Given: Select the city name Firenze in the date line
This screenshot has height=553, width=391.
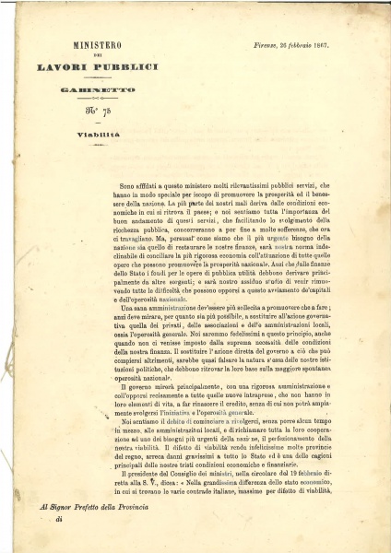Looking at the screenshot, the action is (x=261, y=42).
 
